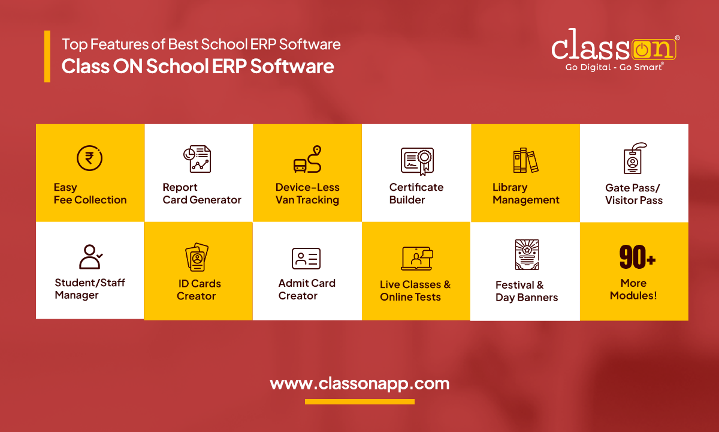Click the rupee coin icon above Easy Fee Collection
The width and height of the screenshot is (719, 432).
90,158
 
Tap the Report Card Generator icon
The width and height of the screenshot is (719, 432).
197,159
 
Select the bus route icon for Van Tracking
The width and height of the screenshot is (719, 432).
307,160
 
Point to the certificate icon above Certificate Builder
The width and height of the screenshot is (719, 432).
416,160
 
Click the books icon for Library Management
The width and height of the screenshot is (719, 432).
525,160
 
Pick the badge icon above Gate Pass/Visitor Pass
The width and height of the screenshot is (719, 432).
634,158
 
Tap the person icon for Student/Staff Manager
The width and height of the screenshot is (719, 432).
90,256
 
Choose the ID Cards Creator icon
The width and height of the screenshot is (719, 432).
197,257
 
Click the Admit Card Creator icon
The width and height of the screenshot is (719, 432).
306,259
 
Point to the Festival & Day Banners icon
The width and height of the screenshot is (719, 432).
527,255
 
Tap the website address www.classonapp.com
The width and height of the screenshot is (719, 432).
359,383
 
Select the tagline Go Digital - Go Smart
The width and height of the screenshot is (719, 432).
614,67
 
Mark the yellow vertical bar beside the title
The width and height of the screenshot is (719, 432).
47,56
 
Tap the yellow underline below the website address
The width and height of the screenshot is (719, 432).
359,401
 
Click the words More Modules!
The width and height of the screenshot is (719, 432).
633,289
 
